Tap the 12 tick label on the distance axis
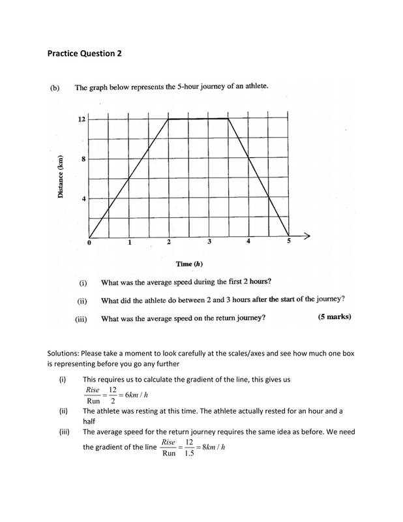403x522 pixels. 81,119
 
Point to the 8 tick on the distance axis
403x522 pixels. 83,159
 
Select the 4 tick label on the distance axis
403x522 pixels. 83,198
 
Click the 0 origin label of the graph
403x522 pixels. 90,243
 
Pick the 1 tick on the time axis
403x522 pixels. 129,243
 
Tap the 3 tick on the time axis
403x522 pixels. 209,242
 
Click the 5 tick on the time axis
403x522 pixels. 290,241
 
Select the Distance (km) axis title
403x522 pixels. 60,177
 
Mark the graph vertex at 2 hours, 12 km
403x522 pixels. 169,119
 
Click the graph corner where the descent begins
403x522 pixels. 229,119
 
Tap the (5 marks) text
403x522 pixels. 335,318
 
